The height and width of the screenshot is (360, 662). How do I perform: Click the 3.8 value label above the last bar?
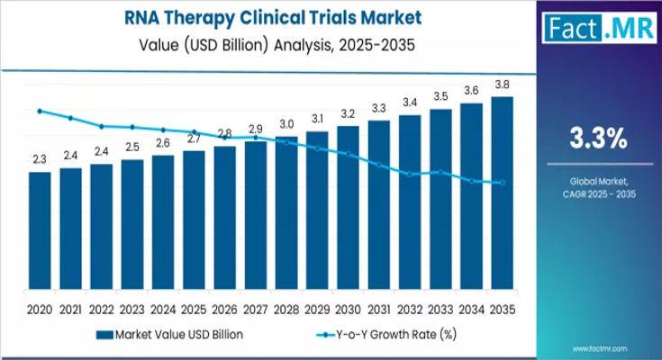click(x=503, y=85)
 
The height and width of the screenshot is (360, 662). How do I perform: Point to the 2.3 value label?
click(x=40, y=159)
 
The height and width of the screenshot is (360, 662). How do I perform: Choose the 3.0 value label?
click(x=286, y=124)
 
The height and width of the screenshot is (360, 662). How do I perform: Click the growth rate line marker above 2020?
click(x=40, y=111)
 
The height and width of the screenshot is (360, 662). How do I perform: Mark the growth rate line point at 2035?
click(x=503, y=183)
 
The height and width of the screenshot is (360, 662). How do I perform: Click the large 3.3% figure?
click(x=596, y=139)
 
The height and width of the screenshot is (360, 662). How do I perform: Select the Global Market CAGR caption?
click(x=596, y=188)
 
